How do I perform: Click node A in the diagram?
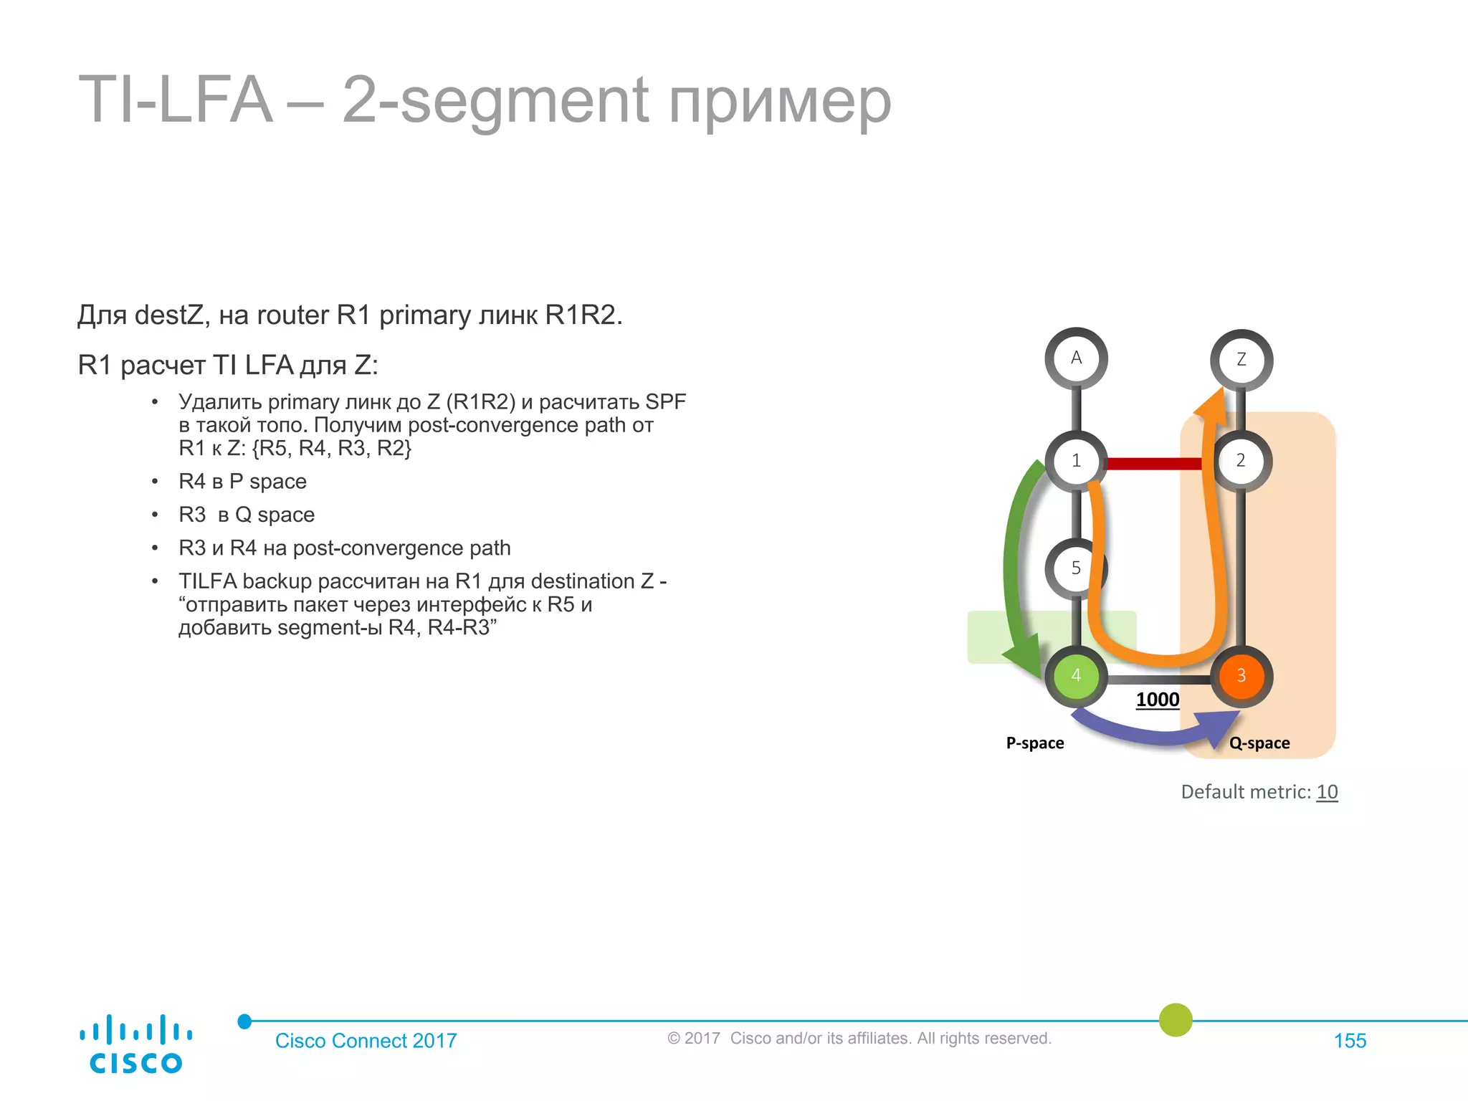coord(1076,358)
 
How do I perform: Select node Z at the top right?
coord(1241,360)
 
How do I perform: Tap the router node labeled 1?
coord(1076,461)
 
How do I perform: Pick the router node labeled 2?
coord(1241,461)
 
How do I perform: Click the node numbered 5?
coord(1075,568)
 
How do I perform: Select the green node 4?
coord(1076,676)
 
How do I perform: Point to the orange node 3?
coord(1241,676)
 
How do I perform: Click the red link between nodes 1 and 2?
coord(1154,464)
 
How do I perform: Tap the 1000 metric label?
coord(1158,700)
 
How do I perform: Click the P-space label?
coord(1035,743)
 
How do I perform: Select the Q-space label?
coord(1259,743)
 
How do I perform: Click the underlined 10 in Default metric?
coord(1327,792)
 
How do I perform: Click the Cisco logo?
coord(135,1044)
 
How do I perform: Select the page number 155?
coord(1350,1041)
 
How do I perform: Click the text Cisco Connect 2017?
coord(366,1041)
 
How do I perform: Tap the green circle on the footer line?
coord(1176,1020)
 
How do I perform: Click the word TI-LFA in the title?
coord(176,100)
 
